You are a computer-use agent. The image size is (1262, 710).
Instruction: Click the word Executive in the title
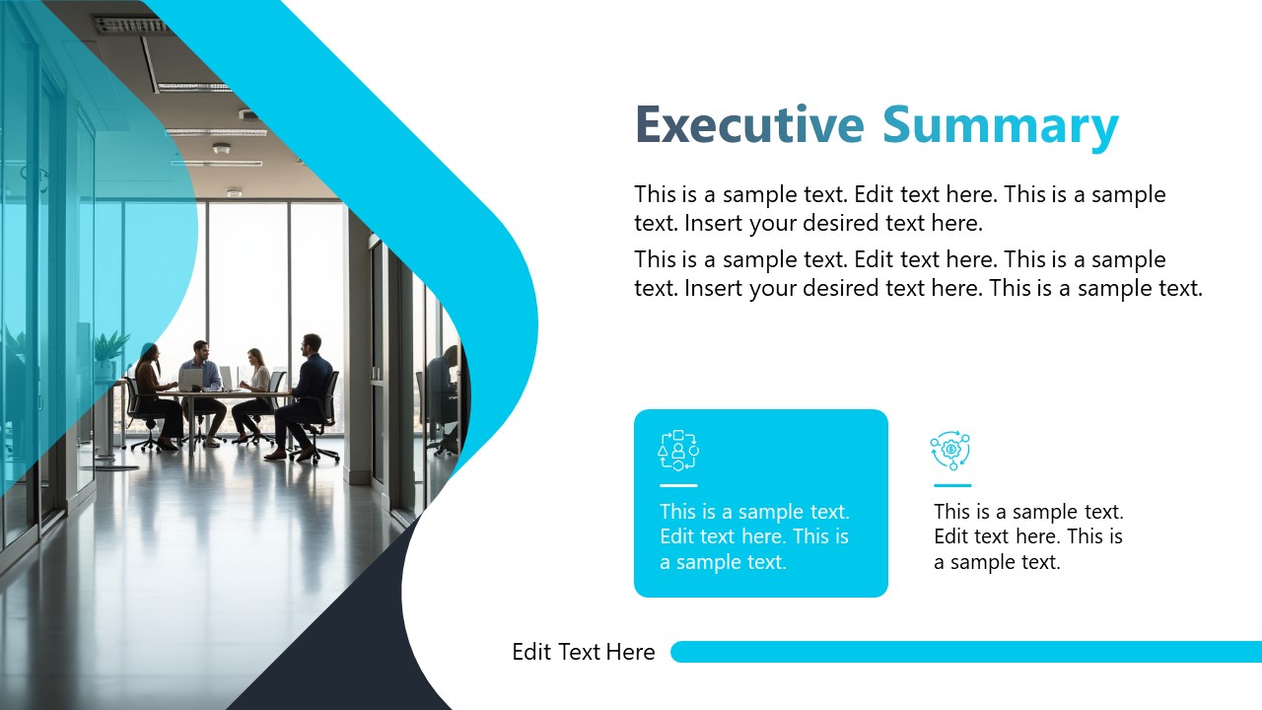coord(748,125)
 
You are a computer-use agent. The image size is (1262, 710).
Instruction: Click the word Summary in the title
coord(1000,127)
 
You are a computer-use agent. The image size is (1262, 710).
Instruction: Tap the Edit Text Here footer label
coord(583,652)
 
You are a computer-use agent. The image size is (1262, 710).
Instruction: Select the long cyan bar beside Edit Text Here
coord(966,652)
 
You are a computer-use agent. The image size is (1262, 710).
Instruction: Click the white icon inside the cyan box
coord(678,450)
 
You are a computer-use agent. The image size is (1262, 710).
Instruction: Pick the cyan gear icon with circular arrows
coord(950,450)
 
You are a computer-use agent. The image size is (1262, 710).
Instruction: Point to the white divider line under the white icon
coord(678,485)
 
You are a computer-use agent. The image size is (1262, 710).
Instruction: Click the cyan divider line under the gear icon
coord(952,485)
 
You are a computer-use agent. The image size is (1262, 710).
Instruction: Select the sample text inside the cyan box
coord(754,537)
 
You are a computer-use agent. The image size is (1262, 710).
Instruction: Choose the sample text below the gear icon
coord(1028,537)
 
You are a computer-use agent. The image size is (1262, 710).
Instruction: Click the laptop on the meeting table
coord(190,379)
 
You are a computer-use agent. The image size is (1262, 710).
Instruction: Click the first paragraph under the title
coord(899,209)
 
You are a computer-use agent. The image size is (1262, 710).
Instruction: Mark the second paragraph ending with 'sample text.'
coord(918,274)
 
